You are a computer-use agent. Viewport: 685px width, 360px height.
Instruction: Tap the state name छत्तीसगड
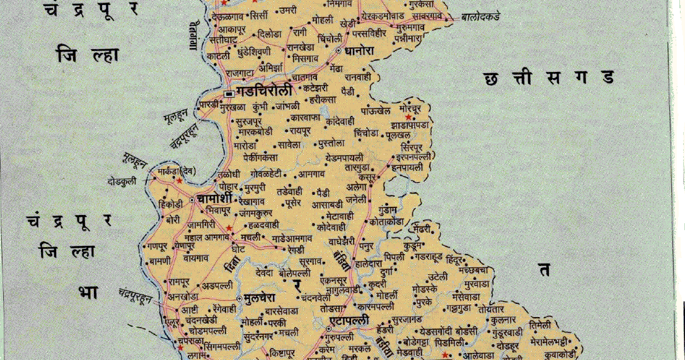point(548,78)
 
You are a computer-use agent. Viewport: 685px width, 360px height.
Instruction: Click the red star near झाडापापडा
point(409,117)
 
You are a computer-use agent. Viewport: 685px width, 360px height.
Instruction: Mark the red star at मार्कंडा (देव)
point(179,180)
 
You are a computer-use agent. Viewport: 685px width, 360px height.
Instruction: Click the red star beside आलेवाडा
point(446,355)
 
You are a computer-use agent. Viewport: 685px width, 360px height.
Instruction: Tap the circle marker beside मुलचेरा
point(239,298)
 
